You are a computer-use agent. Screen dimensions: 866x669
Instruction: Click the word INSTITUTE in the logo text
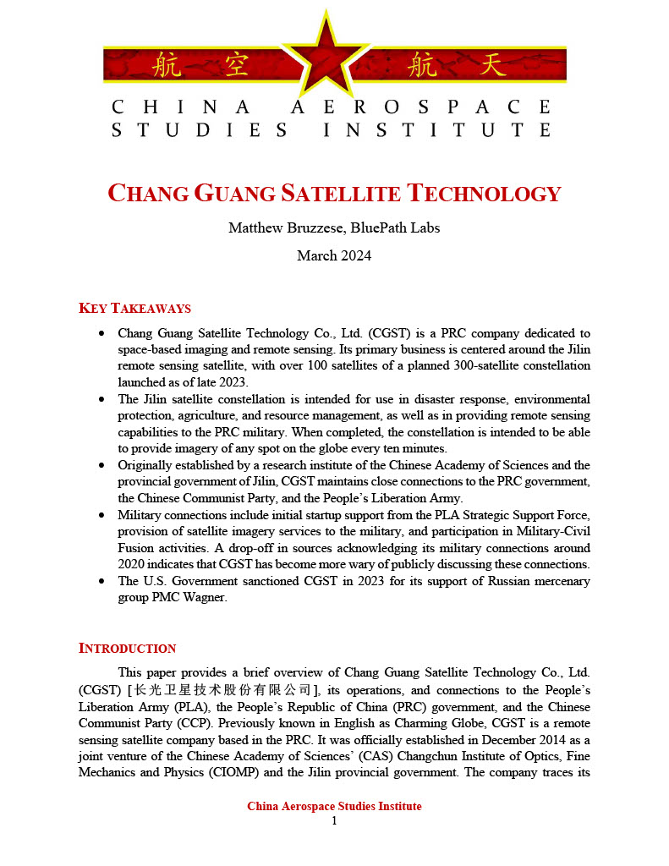coord(437,130)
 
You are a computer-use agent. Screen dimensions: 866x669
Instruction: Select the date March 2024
coord(334,255)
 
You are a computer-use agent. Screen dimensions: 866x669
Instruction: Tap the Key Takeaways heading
coord(134,308)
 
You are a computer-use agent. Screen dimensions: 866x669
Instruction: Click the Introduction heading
coord(127,648)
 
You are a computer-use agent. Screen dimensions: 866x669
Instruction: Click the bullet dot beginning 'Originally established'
coord(102,466)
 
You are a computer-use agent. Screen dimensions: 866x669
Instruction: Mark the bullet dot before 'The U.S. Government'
coord(102,582)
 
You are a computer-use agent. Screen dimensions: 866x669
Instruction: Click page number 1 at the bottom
coord(334,820)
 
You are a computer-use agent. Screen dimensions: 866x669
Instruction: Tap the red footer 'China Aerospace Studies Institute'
coord(334,806)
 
